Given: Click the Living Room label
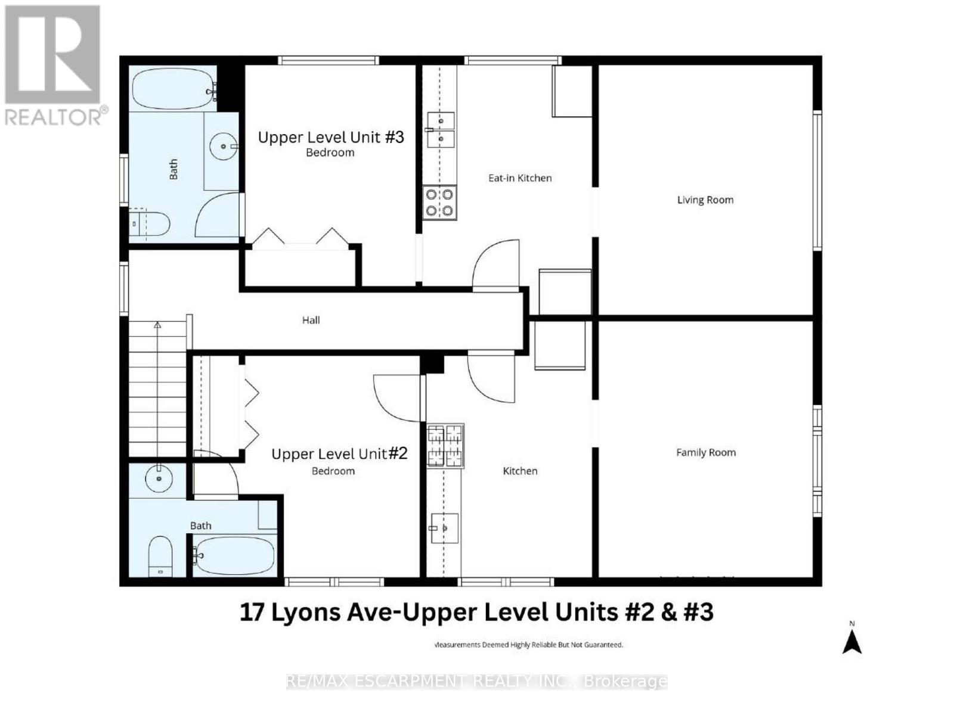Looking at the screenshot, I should (705, 200).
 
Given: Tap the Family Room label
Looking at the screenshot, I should (705, 453).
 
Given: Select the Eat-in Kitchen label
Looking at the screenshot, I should (520, 178).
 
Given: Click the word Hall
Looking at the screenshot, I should (311, 321).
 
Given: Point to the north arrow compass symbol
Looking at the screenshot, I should (852, 641).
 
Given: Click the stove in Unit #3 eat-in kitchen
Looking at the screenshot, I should (440, 203).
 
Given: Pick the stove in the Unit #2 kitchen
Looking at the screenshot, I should (445, 446).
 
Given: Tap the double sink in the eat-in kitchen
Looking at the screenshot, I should (441, 130).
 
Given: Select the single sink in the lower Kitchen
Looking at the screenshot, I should (444, 528).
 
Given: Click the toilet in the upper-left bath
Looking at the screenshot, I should (150, 224).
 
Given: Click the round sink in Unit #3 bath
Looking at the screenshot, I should (224, 146).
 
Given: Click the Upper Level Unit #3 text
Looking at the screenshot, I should (331, 138).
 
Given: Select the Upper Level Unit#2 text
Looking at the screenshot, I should (339, 454).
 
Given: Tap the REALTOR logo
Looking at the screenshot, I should (54, 66).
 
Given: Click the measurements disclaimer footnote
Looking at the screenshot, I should (528, 645).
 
